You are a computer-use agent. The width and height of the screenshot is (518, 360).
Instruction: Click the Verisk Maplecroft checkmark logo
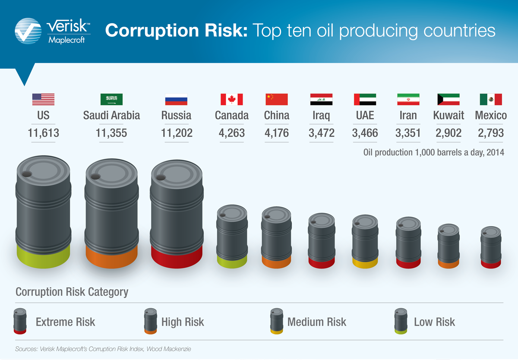(x=29, y=31)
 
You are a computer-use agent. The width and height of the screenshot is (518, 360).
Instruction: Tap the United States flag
(x=43, y=99)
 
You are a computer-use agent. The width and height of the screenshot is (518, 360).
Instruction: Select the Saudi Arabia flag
(x=111, y=99)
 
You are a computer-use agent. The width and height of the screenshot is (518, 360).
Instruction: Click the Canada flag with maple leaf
(x=231, y=99)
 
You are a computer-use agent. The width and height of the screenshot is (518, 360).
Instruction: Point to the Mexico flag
(x=491, y=99)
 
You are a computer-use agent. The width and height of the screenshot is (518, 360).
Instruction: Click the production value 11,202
(x=177, y=133)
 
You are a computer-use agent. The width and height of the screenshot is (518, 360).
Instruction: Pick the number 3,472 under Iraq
(x=321, y=133)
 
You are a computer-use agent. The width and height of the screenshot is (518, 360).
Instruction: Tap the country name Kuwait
(x=449, y=115)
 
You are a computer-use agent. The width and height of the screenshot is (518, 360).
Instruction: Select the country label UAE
(x=365, y=115)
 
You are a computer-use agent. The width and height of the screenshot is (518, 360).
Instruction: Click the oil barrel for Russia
(x=176, y=212)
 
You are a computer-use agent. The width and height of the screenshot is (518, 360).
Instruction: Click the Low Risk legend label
(x=434, y=322)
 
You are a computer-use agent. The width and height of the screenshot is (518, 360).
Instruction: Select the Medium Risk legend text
(x=316, y=322)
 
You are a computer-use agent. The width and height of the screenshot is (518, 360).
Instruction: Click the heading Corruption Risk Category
(x=72, y=292)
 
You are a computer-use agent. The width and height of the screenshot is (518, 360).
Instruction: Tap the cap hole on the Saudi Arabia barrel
(x=93, y=176)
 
